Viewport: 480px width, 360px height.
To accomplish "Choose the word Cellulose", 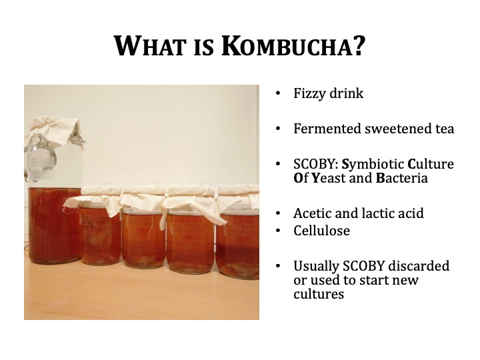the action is (321, 231).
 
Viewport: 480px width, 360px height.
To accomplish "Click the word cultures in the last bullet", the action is (319, 294).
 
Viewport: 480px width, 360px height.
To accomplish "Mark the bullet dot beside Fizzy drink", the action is (277, 93).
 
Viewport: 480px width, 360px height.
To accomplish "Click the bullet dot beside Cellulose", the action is (277, 231).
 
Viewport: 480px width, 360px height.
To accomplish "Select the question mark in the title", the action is (360, 46).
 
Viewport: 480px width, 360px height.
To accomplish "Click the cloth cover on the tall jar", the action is (53, 131).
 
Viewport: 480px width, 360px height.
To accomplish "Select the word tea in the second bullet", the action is (445, 129).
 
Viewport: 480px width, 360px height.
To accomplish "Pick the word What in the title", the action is (150, 46).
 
